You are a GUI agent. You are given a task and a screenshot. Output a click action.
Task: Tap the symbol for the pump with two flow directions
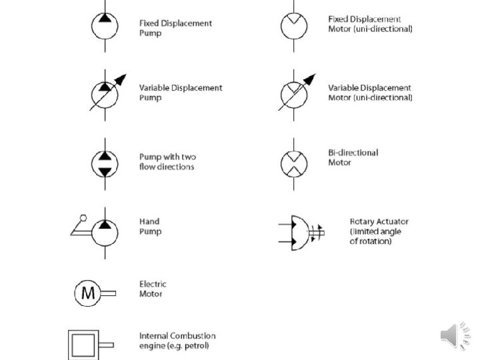(x=104, y=163)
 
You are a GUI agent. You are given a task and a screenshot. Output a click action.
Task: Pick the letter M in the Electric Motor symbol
(x=87, y=292)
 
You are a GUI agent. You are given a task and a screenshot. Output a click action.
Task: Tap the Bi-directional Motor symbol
(x=293, y=163)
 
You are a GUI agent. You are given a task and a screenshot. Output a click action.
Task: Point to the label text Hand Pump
(x=150, y=227)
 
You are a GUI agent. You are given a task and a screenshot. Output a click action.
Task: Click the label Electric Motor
(x=153, y=289)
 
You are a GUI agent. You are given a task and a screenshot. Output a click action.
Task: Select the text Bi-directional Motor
(x=353, y=157)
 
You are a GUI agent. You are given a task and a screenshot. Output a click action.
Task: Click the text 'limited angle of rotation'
(x=376, y=236)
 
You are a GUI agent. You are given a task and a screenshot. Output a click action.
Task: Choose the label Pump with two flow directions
(x=167, y=162)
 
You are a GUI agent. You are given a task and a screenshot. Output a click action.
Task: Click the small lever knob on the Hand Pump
(x=83, y=217)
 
